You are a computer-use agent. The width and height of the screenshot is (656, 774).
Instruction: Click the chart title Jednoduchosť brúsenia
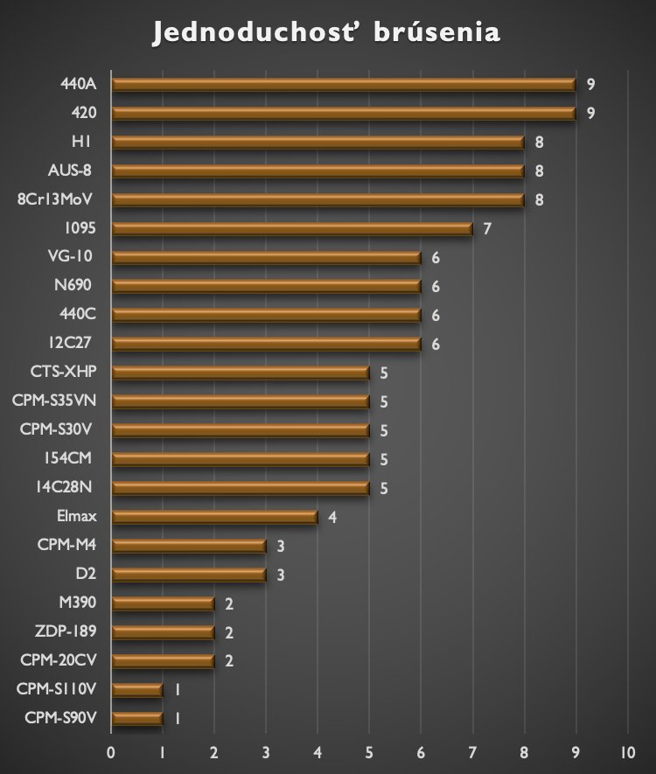click(327, 33)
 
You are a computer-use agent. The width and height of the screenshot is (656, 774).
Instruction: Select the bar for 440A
click(344, 85)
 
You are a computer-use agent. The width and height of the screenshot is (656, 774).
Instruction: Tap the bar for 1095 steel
click(292, 229)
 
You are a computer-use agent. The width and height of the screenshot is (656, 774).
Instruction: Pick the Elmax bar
click(215, 517)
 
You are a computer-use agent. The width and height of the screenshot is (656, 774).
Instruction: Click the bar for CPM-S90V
click(137, 719)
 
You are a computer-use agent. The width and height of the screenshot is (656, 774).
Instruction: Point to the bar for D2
click(189, 575)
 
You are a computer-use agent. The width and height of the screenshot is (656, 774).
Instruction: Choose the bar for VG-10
click(267, 258)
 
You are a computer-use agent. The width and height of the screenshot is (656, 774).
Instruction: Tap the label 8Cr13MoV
click(55, 199)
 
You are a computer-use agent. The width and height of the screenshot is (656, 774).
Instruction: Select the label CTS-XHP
click(63, 372)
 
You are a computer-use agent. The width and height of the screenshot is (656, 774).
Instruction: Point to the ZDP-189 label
click(66, 631)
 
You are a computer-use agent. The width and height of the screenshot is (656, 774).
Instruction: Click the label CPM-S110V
click(57, 689)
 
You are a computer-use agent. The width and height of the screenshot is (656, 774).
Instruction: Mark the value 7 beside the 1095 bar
click(487, 229)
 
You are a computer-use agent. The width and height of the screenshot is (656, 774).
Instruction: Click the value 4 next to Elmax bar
click(332, 517)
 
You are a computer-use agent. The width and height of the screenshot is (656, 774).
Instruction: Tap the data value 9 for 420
click(591, 114)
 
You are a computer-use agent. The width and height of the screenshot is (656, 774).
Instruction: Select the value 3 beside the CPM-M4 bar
click(281, 546)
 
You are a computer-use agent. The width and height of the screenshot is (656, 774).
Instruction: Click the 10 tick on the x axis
click(628, 752)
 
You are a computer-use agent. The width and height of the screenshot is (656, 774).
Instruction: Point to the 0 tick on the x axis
click(111, 752)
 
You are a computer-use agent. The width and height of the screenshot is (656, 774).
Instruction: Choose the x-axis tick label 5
click(369, 752)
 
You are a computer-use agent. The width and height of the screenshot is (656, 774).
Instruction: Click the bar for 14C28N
click(241, 488)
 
